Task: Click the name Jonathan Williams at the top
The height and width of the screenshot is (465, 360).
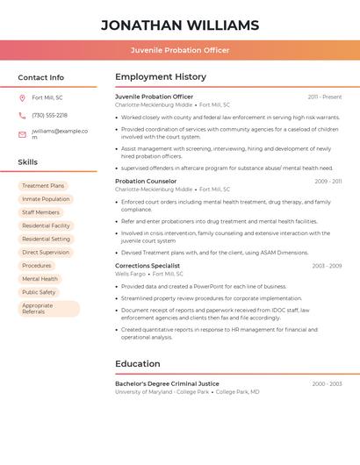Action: point(180,25)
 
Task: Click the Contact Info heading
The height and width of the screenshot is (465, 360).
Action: point(41,77)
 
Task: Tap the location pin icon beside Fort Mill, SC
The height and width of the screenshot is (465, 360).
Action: point(22,97)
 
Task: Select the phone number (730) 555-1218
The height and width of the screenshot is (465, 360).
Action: point(49,115)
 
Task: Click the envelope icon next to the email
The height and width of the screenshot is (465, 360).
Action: point(22,134)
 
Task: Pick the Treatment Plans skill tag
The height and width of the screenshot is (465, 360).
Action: point(43,186)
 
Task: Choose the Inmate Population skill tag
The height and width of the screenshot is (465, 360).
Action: point(46,199)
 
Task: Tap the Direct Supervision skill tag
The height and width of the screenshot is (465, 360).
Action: point(46,252)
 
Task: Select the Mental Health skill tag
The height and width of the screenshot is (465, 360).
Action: point(40,279)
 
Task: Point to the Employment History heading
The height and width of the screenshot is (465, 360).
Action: point(161,77)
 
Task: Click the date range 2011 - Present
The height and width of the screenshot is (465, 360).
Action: point(325,97)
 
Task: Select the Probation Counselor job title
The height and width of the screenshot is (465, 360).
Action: point(146,181)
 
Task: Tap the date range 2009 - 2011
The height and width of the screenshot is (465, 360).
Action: point(328,182)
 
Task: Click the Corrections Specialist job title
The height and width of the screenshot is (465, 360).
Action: point(148,266)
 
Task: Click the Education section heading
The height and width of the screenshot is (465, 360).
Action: point(138,363)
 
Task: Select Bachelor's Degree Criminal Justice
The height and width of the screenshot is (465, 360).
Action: point(167,383)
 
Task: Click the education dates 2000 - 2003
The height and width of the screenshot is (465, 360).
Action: point(327,384)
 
